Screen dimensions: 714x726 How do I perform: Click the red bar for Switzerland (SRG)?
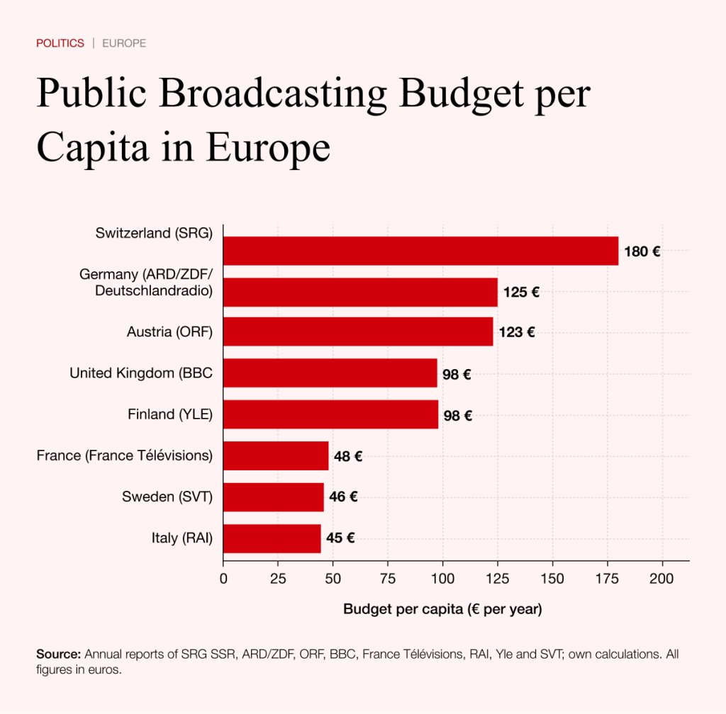pyautogui.click(x=420, y=251)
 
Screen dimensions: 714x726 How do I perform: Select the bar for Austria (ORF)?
pyautogui.click(x=358, y=331)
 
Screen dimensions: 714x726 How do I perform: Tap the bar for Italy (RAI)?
pyautogui.click(x=272, y=538)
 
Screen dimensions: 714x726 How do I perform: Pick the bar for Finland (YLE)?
pyautogui.click(x=330, y=414)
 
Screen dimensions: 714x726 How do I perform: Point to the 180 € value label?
pyautogui.click(x=642, y=251)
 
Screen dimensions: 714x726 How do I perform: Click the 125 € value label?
pyautogui.click(x=521, y=292)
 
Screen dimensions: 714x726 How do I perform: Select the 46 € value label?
pyautogui.click(x=343, y=497)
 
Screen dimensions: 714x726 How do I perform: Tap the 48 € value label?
pyautogui.click(x=348, y=456)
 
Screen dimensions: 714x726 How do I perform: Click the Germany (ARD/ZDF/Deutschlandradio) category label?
pyautogui.click(x=146, y=282)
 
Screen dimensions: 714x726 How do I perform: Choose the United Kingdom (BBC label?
pyautogui.click(x=141, y=373)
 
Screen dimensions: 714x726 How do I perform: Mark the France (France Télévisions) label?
pyautogui.click(x=125, y=455)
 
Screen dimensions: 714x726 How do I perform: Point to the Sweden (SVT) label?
pyautogui.click(x=167, y=497)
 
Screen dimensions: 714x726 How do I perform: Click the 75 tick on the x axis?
pyautogui.click(x=387, y=578)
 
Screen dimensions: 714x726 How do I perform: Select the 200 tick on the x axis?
pyautogui.click(x=662, y=578)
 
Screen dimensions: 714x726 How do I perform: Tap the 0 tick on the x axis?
pyautogui.click(x=223, y=578)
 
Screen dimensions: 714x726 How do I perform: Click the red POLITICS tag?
pyautogui.click(x=60, y=43)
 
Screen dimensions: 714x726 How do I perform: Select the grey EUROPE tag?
pyautogui.click(x=124, y=43)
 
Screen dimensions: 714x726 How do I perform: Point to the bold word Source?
pyautogui.click(x=59, y=654)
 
